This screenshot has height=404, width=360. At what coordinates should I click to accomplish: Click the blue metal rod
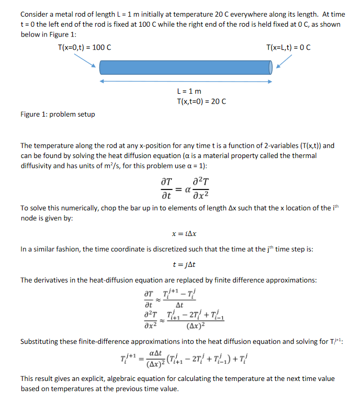point(186,67)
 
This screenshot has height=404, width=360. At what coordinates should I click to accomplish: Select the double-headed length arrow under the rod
point(186,81)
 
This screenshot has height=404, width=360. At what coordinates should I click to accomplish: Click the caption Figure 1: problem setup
point(58,114)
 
